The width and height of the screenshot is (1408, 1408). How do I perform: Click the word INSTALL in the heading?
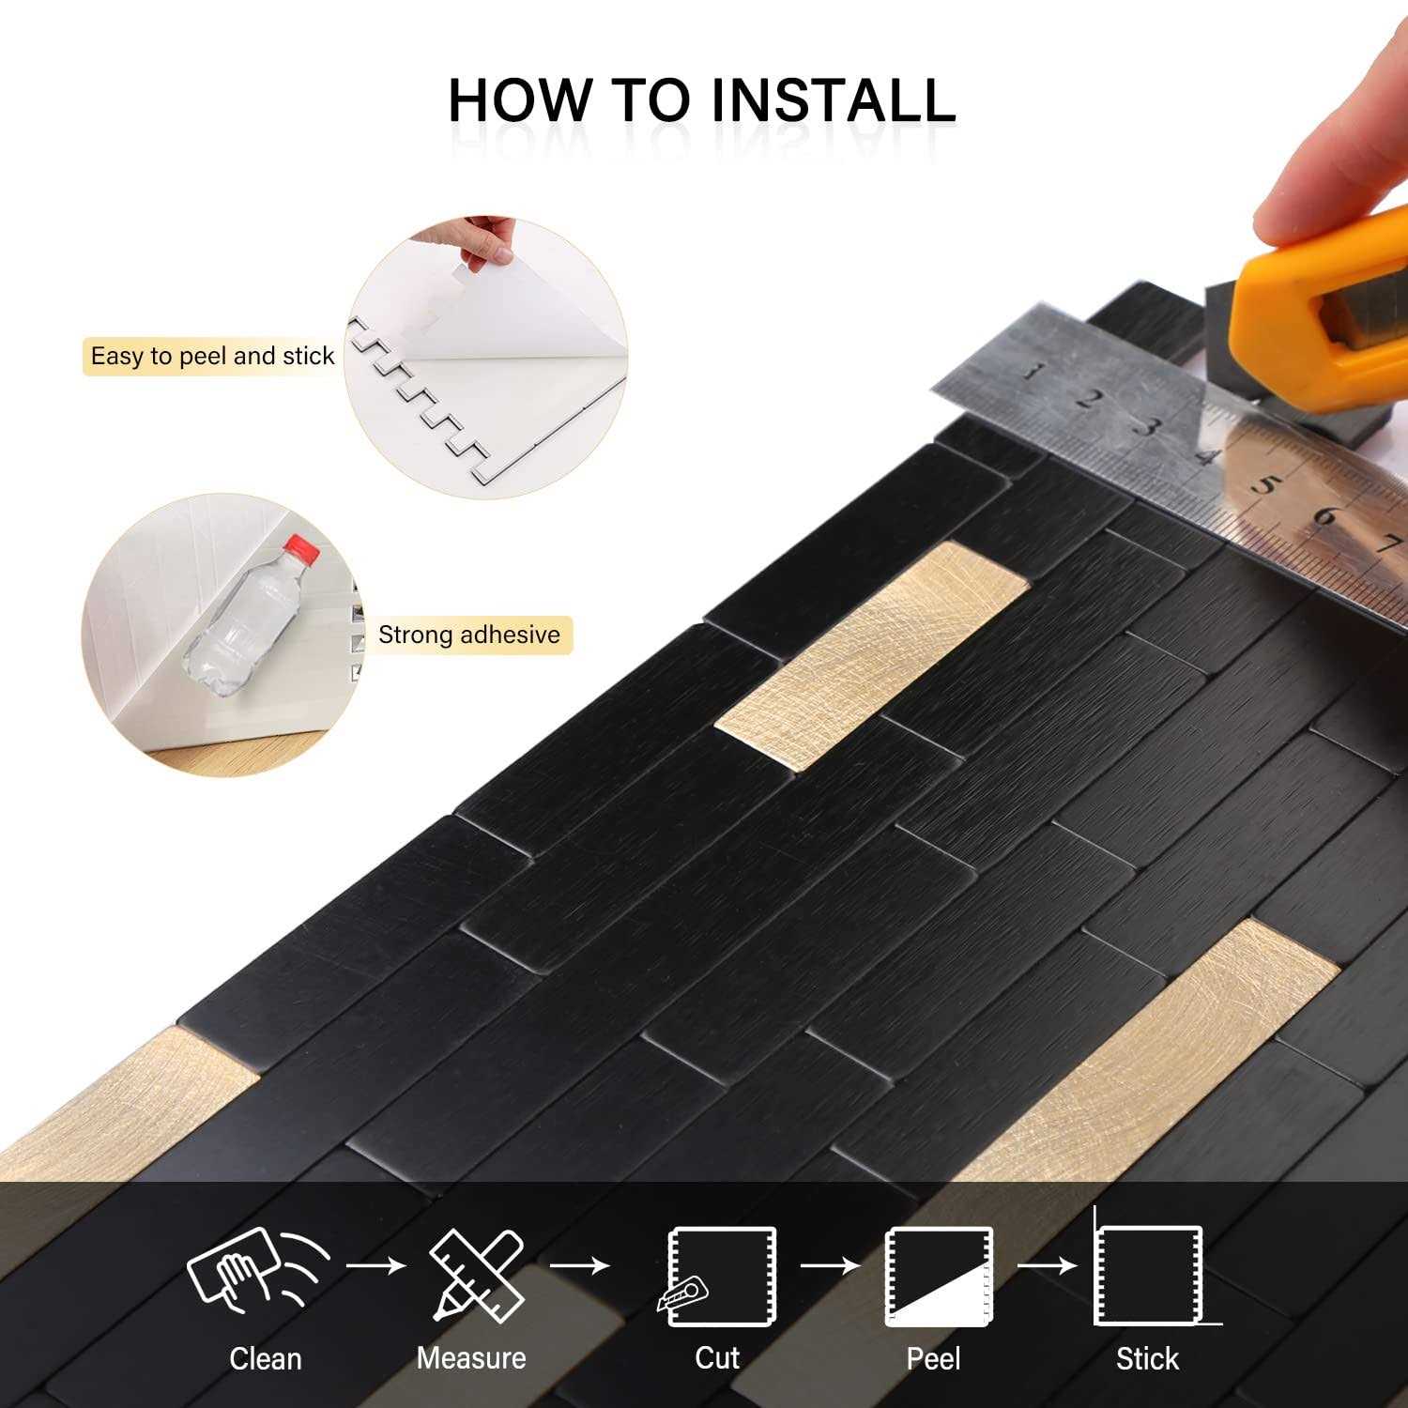(x=833, y=99)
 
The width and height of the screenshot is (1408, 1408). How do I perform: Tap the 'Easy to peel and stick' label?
(x=212, y=357)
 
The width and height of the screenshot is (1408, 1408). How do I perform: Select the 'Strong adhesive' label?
(x=468, y=635)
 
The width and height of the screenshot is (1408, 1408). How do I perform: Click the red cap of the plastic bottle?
(x=298, y=547)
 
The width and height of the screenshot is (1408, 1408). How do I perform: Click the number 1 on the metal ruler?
(x=1032, y=372)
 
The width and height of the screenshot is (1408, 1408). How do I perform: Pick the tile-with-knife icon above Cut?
(x=718, y=1277)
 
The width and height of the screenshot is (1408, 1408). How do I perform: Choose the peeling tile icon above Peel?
(x=938, y=1277)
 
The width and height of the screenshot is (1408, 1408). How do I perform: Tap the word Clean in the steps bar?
(x=266, y=1358)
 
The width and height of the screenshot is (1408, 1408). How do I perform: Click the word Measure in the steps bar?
(x=471, y=1358)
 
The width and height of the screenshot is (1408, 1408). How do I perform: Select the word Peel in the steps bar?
(x=934, y=1358)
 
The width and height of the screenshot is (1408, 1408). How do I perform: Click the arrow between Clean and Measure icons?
(x=375, y=1266)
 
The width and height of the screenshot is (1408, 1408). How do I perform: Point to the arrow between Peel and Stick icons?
(x=1047, y=1266)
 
